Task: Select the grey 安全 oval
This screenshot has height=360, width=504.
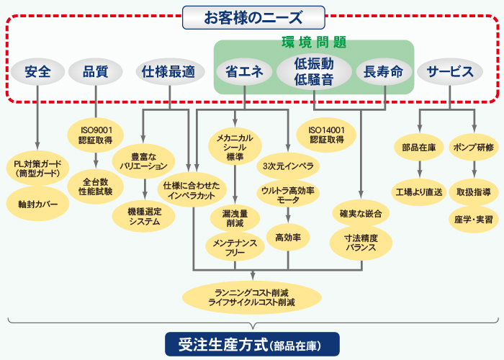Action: [x=37, y=71]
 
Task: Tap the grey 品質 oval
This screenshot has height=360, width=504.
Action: [x=96, y=71]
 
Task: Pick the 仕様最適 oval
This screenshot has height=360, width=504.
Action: [x=168, y=71]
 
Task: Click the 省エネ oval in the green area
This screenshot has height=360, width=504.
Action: [x=244, y=71]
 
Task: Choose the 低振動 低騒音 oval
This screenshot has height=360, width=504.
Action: [x=313, y=71]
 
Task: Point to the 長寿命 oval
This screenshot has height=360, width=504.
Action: [x=384, y=71]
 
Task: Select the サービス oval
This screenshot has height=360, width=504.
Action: [x=450, y=71]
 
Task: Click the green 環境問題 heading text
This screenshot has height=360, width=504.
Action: [x=313, y=42]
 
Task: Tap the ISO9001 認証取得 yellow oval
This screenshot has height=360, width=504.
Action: [x=96, y=135]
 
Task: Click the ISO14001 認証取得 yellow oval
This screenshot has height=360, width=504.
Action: [x=325, y=135]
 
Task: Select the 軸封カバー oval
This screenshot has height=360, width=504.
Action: [x=37, y=204]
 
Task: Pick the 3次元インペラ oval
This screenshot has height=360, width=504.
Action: [x=288, y=166]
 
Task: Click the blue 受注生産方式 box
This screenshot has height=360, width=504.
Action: [x=252, y=343]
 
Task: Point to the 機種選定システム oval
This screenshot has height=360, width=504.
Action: [x=143, y=216]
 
